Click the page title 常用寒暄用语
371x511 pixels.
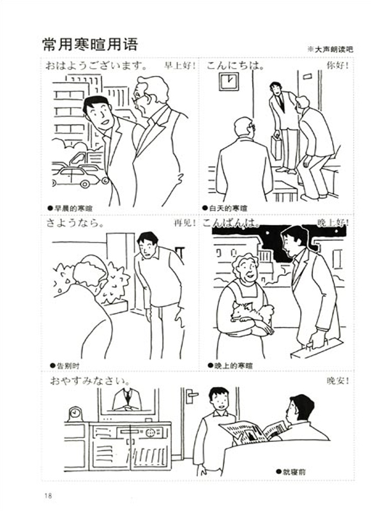[90, 44]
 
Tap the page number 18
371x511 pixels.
[48, 496]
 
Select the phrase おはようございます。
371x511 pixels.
[96, 66]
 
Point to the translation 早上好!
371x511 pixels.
[180, 66]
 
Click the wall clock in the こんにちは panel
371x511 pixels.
[229, 82]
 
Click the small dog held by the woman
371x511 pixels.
[251, 312]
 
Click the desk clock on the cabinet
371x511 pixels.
[75, 414]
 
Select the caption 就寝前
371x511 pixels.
[291, 471]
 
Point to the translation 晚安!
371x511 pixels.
[338, 380]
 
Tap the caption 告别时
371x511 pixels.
[64, 365]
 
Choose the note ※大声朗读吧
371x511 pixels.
[330, 49]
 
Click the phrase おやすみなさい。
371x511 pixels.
[90, 380]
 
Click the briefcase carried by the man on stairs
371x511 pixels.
[276, 147]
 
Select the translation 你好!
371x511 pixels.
[338, 65]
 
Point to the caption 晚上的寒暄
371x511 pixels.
[231, 365]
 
